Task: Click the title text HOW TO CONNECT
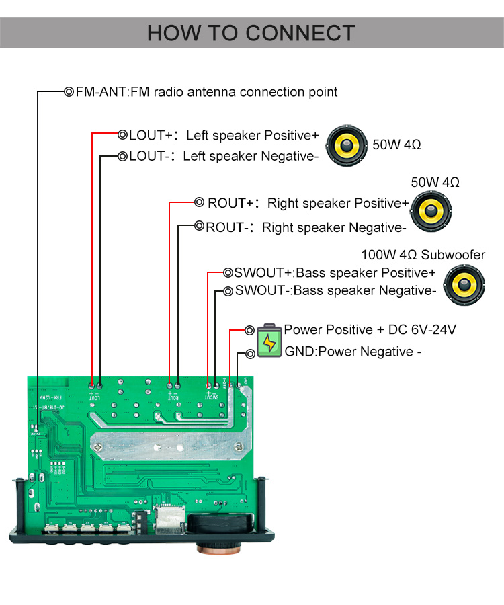251,33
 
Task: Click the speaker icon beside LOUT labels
347,146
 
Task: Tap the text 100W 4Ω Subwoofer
423,255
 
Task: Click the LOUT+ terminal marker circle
122,135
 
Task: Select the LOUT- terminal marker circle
122,156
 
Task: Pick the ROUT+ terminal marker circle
199,202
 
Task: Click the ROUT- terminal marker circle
199,227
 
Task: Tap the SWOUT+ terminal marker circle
228,273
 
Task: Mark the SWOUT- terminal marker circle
228,291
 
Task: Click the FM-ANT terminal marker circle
69,92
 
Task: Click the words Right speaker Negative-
333,227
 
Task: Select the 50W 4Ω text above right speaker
435,182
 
